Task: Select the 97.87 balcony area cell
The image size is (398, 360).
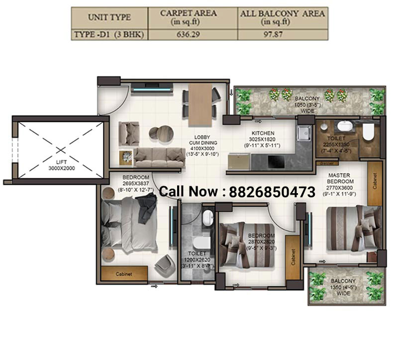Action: coord(283,35)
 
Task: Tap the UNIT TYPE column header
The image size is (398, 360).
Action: coord(109,17)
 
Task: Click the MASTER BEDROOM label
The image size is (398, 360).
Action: coord(339,178)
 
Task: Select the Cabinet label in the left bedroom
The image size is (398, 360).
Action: coord(124,273)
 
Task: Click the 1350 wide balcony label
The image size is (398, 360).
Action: coord(343,287)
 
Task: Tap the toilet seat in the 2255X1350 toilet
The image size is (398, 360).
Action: coord(368,132)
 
